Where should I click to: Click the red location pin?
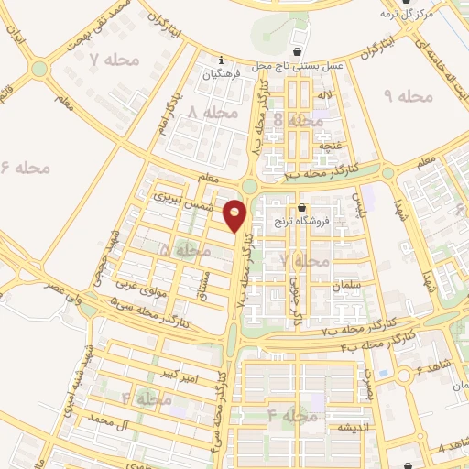click(x=235, y=215)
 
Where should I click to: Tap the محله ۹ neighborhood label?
click(x=405, y=95)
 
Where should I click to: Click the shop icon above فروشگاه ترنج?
click(x=303, y=206)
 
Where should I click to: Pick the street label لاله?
click(x=324, y=95)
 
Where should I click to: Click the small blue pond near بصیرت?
click(x=404, y=376)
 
